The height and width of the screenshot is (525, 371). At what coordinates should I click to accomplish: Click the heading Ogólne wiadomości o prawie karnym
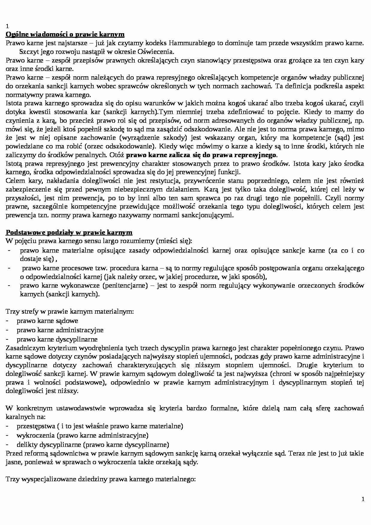pyautogui.click(x=65, y=34)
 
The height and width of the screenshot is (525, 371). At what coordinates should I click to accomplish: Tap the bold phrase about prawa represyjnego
pyautogui.click(x=201, y=155)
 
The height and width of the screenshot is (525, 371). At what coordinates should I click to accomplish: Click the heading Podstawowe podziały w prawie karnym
pyautogui.click(x=69, y=233)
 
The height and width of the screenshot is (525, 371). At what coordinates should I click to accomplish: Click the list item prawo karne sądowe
pyautogui.click(x=47, y=321)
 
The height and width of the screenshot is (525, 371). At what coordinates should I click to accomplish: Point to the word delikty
pyautogui.click(x=27, y=444)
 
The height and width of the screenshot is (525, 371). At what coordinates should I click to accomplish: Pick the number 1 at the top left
pyautogui.click(x=7, y=26)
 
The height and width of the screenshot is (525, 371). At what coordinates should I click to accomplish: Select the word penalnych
pyautogui.click(x=91, y=155)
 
